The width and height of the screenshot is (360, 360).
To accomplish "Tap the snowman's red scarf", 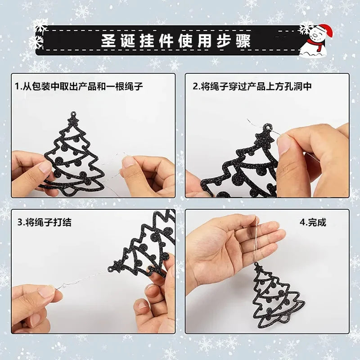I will (x=317, y=46).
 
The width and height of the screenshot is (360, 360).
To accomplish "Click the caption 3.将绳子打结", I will (x=44, y=222).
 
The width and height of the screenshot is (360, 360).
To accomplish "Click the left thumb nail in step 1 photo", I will (x=45, y=167).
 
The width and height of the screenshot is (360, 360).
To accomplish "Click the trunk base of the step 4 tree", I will (x=281, y=319).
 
